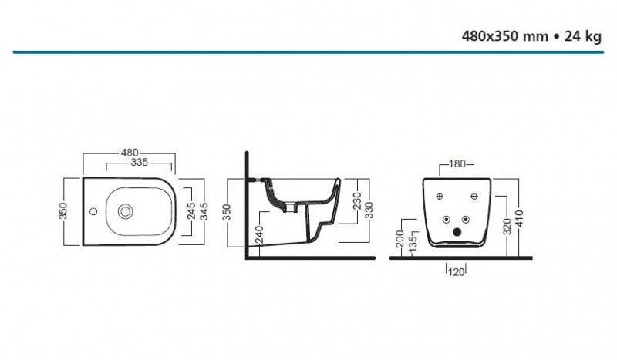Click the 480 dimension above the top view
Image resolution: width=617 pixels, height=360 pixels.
point(129,152)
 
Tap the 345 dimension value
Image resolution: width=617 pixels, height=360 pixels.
point(204,211)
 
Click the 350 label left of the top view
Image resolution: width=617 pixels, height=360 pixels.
point(66,211)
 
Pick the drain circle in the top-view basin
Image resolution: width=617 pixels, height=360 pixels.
point(123,210)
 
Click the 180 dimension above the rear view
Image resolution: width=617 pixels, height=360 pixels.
point(457,163)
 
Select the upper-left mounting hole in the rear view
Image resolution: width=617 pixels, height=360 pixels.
point(440,196)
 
